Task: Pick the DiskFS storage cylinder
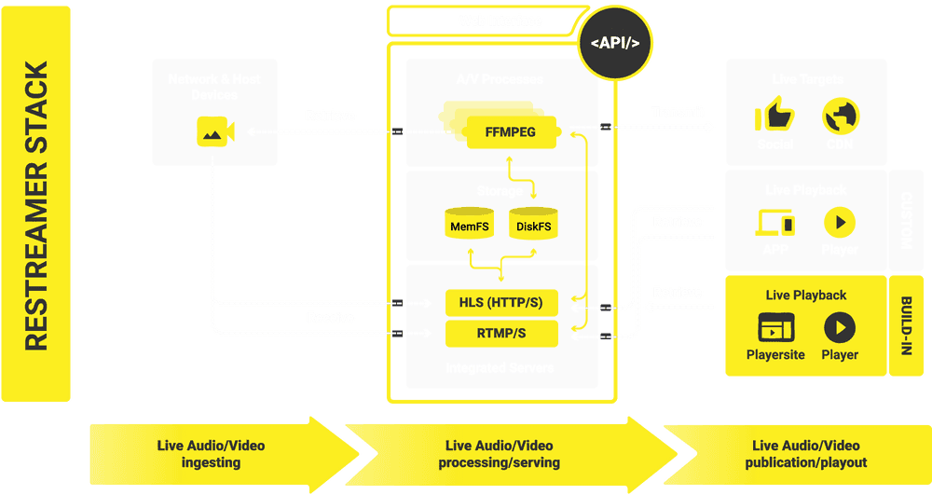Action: coord(534,225)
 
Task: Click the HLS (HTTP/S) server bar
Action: coord(501,303)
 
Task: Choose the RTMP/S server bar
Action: coord(501,333)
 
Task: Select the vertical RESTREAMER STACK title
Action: coord(35,206)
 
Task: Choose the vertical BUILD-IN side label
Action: coord(905,325)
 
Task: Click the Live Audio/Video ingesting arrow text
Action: coord(211,454)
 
